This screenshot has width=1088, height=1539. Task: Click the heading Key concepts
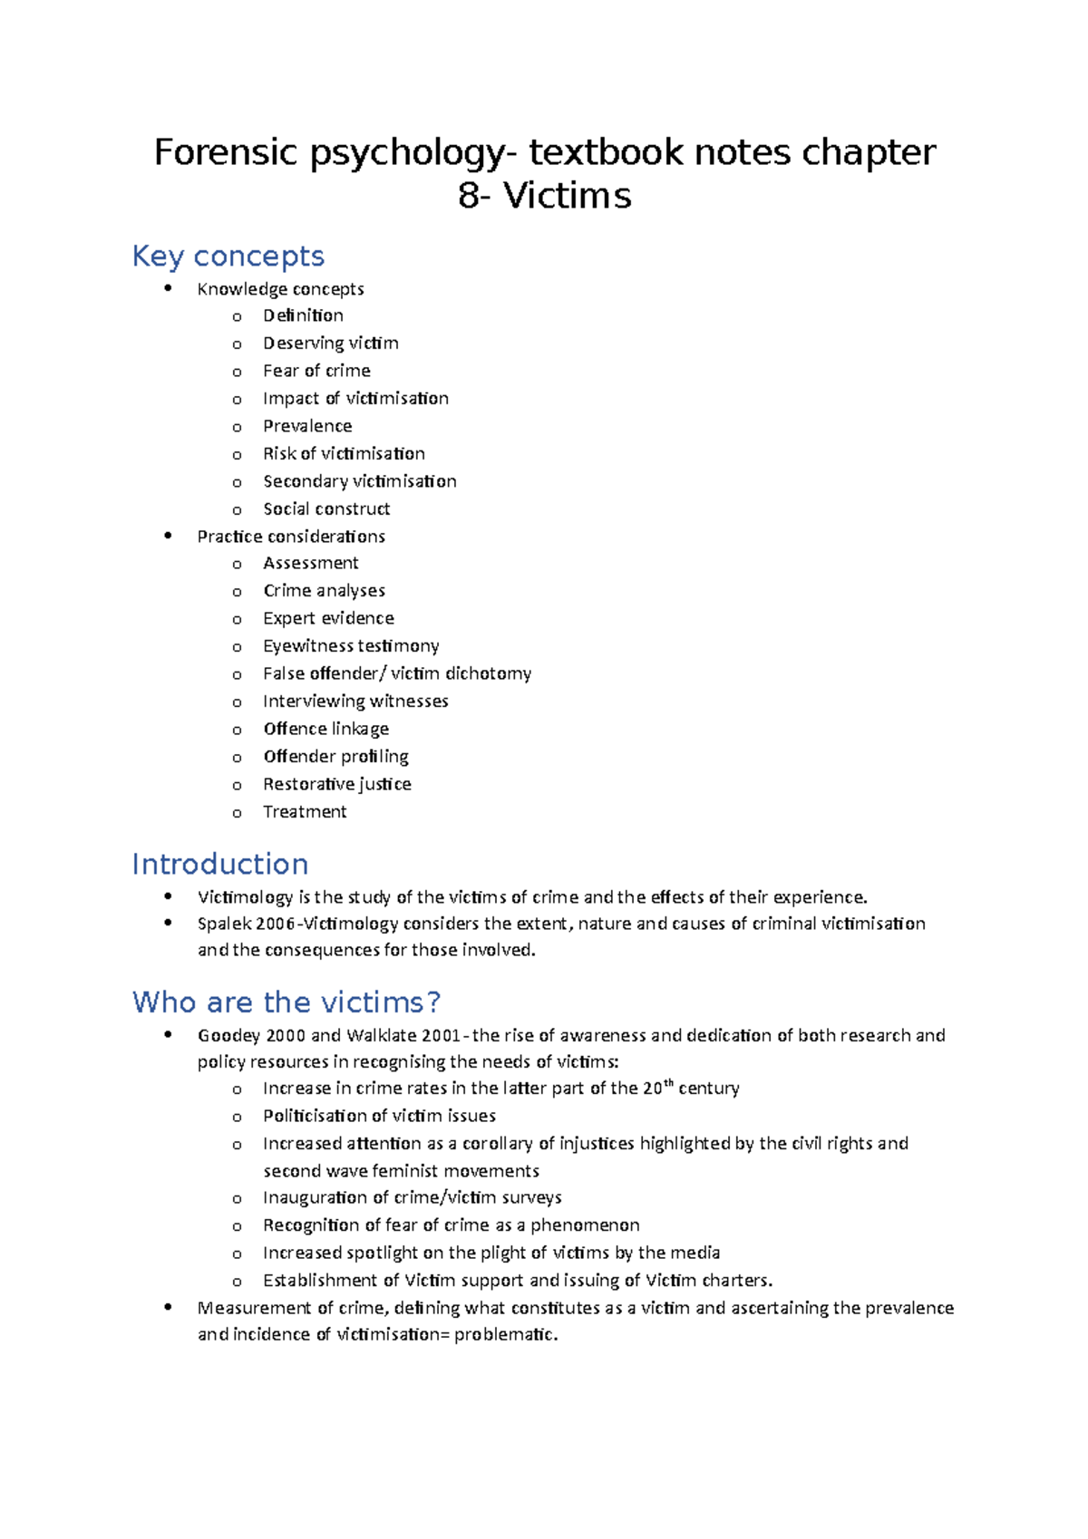tap(228, 256)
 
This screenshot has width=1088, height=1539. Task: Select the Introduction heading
tap(220, 864)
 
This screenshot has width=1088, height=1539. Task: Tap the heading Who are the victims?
tap(286, 1002)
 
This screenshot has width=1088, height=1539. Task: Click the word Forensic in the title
tap(225, 152)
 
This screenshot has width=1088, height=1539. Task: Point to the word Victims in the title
tap(568, 196)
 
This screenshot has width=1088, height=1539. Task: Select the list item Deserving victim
tap(330, 344)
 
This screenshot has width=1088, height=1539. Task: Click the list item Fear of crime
tap(316, 371)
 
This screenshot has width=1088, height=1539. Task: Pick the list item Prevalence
tap(307, 426)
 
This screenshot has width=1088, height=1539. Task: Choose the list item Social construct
tap(326, 509)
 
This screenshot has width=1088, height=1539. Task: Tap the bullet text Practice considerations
tap(291, 537)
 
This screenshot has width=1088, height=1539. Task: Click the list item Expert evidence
tap(328, 618)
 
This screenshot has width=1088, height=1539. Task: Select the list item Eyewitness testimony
tap(351, 646)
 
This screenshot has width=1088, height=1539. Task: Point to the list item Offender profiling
tap(335, 757)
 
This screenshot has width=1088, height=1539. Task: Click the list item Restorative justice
tap(336, 784)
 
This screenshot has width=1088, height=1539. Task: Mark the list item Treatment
tap(305, 812)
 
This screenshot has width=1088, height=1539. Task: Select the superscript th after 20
tap(669, 1083)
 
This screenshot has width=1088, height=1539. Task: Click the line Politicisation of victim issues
tap(379, 1116)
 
